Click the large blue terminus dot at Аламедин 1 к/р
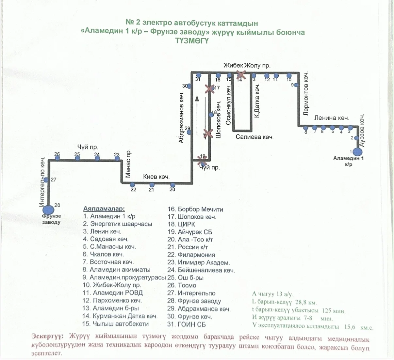357,152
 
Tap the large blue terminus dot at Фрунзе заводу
49,210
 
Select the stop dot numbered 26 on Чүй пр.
57,158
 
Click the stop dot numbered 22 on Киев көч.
133,185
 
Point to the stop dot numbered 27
46,180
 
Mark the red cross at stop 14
241,75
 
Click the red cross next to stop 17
209,89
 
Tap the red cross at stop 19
203,161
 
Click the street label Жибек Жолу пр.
247,66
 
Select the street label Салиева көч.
254,137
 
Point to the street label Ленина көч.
332,118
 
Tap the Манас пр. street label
128,164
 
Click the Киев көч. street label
156,177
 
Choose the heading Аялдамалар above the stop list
104,209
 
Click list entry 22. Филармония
191,255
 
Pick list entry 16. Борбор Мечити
195,210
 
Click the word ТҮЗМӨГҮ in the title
192,41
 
